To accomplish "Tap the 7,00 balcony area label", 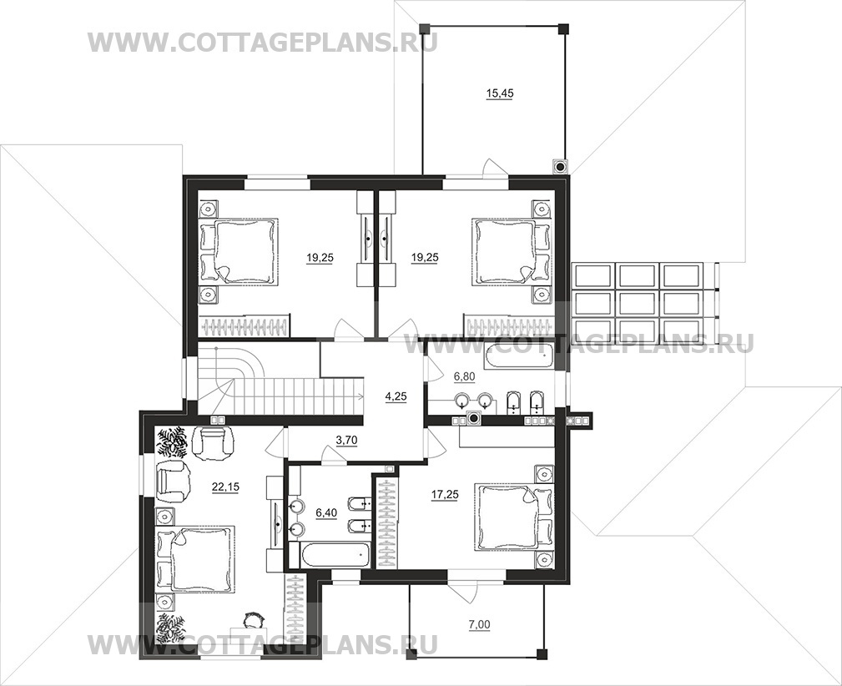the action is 480,624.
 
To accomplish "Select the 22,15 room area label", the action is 225,487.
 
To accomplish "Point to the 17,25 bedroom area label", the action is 445,495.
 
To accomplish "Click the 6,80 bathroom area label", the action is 464,376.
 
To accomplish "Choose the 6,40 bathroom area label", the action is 326,513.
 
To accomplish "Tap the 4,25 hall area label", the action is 396,397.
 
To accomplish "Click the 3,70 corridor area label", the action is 346,441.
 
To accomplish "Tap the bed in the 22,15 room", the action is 195,560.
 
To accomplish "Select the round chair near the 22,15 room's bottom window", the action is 251,620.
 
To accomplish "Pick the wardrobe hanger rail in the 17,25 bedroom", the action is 386,522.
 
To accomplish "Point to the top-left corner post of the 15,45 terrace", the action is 425,28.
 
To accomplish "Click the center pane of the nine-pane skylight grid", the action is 638,304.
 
